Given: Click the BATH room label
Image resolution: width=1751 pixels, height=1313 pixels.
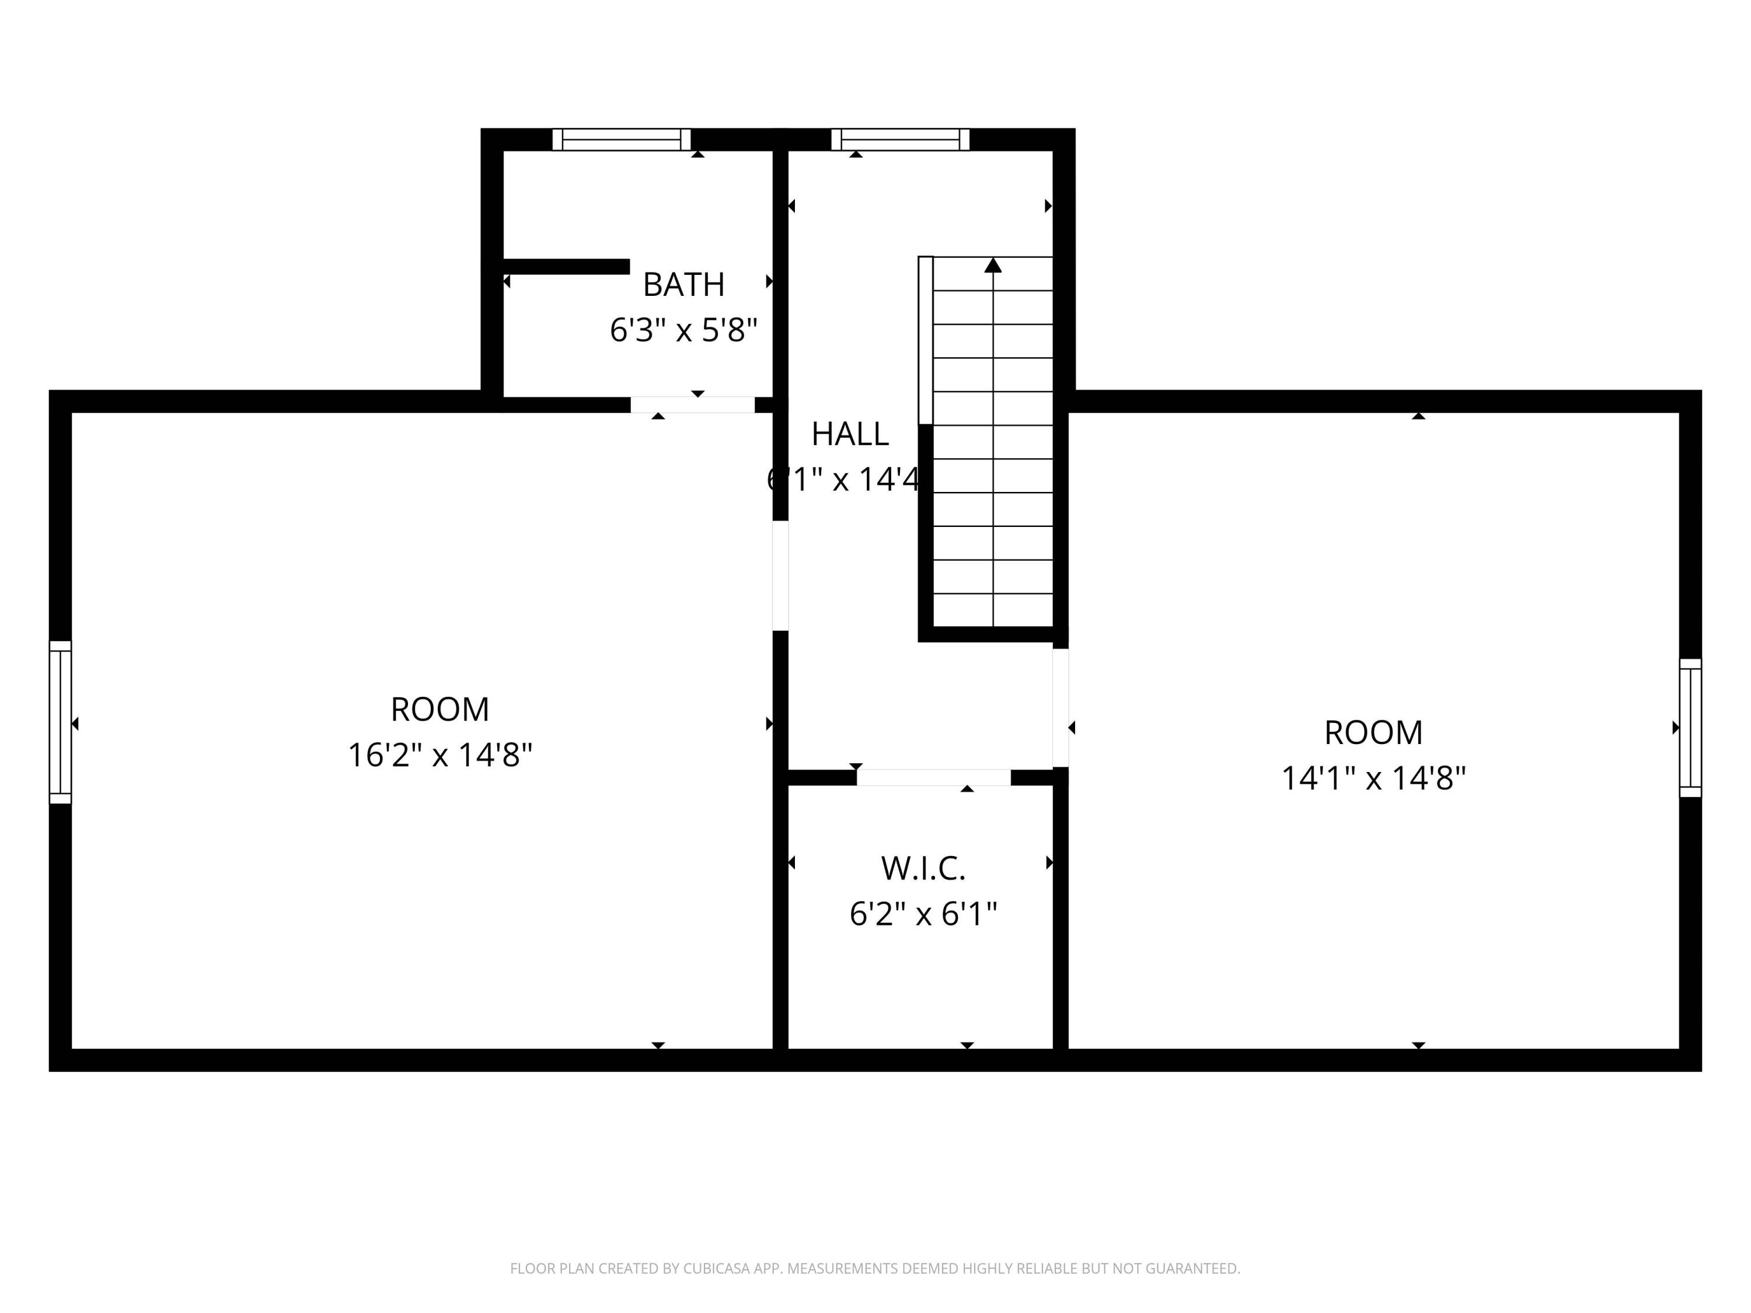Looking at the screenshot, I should [683, 285].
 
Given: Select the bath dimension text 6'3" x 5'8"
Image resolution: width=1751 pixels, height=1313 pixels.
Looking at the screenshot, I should [683, 330].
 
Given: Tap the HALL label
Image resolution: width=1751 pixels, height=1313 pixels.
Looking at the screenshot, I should [849, 434].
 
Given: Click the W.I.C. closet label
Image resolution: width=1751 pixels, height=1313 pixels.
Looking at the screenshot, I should [923, 868].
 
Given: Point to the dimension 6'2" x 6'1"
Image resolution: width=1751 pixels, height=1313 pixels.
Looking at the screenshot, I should [923, 914].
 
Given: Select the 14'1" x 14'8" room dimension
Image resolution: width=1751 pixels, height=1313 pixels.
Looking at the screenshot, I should [1373, 778].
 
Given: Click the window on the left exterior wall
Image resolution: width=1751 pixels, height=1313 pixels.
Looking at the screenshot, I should [60, 722].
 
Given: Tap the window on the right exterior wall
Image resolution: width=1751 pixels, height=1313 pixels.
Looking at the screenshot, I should [1690, 727].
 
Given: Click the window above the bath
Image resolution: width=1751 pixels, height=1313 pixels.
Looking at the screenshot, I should [622, 139].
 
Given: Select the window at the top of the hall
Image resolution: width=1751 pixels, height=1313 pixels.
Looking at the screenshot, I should [900, 139].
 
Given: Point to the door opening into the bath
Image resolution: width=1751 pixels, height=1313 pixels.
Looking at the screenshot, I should [693, 404].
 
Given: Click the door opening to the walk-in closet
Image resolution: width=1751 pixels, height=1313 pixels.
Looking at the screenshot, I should [933, 777].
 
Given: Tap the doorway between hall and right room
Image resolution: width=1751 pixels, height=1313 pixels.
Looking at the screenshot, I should [1061, 707].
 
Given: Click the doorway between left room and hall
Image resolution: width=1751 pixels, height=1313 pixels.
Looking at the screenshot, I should [780, 575].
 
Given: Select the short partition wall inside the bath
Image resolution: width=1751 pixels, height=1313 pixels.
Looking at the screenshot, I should [566, 267].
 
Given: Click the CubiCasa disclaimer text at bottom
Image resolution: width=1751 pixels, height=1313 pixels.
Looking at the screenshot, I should [875, 1268].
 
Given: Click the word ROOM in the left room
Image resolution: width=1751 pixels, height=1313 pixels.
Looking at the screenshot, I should [440, 709].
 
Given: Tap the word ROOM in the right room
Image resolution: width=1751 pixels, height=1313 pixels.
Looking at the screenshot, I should [1373, 733].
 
